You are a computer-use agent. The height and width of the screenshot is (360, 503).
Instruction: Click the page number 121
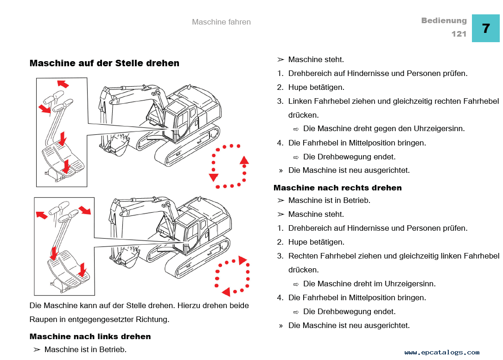coord(458,34)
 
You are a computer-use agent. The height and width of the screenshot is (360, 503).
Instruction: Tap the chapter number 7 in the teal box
coord(485,29)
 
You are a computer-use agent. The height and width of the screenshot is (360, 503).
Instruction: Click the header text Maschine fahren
coord(221,22)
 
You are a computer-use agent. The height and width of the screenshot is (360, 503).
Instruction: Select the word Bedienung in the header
coord(444,21)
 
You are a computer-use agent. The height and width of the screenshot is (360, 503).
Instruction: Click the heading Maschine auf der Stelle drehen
coord(104,63)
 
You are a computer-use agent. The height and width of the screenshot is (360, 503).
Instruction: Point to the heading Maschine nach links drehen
coord(90,336)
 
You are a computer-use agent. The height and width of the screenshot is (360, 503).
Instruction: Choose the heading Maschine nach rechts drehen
coord(337,188)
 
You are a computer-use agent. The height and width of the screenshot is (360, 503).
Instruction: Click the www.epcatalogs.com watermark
coord(442,353)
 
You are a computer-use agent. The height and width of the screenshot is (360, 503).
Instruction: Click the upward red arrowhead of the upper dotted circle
coord(244,160)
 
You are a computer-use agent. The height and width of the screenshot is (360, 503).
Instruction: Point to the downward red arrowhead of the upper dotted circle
coord(214,177)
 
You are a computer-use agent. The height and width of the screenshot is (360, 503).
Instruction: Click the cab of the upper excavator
coord(178,120)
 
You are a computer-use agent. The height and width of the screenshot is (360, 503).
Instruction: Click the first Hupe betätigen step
coord(316,87)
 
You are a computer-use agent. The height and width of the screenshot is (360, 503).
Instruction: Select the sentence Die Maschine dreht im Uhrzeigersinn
coord(369,284)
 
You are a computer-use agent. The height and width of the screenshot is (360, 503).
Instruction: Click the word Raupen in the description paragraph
coord(42,319)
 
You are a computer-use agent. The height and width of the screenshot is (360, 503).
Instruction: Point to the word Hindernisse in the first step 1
coord(367,73)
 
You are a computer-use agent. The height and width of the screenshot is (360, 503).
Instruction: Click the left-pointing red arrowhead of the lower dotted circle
coord(226,292)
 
